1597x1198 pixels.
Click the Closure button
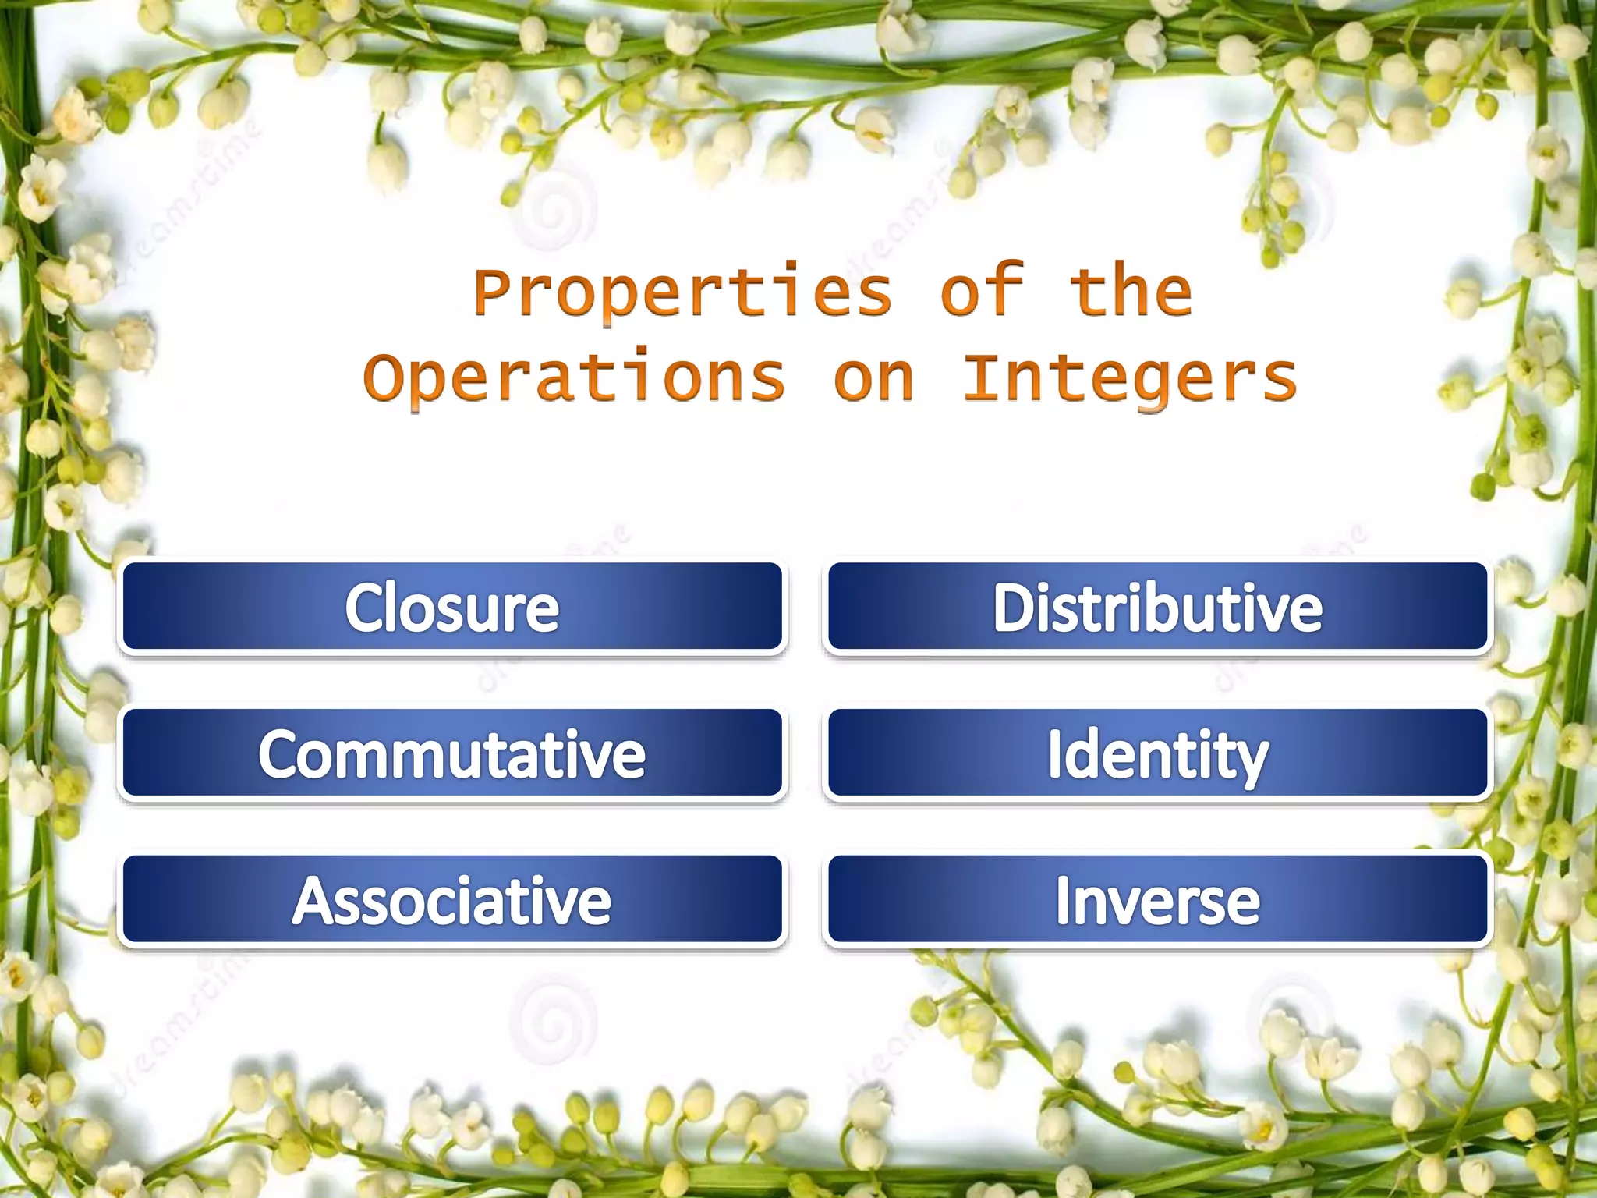coord(452,606)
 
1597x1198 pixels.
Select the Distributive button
coord(1157,606)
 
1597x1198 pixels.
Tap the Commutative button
coord(452,753)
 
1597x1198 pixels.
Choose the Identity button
coord(1157,753)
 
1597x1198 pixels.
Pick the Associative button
coord(452,899)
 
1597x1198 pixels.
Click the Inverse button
coord(1157,899)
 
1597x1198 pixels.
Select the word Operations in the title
coord(575,378)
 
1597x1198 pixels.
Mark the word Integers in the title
coord(1131,378)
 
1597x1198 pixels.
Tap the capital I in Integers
coord(983,377)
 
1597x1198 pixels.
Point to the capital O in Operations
coord(384,378)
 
